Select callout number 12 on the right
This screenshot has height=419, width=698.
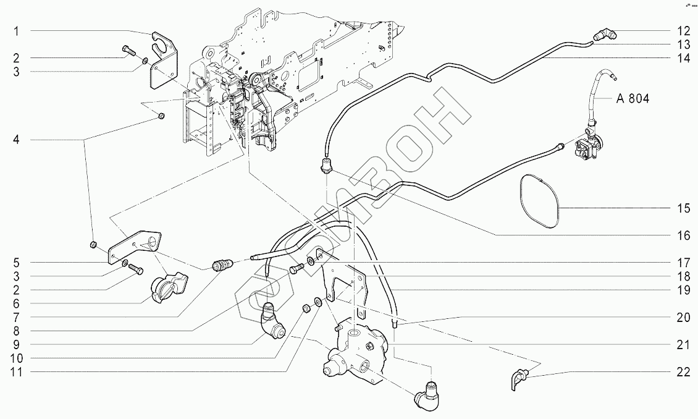[682, 31]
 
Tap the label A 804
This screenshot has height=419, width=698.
[632, 99]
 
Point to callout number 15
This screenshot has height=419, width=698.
[682, 208]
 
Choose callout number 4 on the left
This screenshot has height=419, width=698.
[18, 140]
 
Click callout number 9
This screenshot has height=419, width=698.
[18, 344]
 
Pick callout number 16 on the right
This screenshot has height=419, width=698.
[682, 235]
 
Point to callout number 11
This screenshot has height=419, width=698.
[18, 371]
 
